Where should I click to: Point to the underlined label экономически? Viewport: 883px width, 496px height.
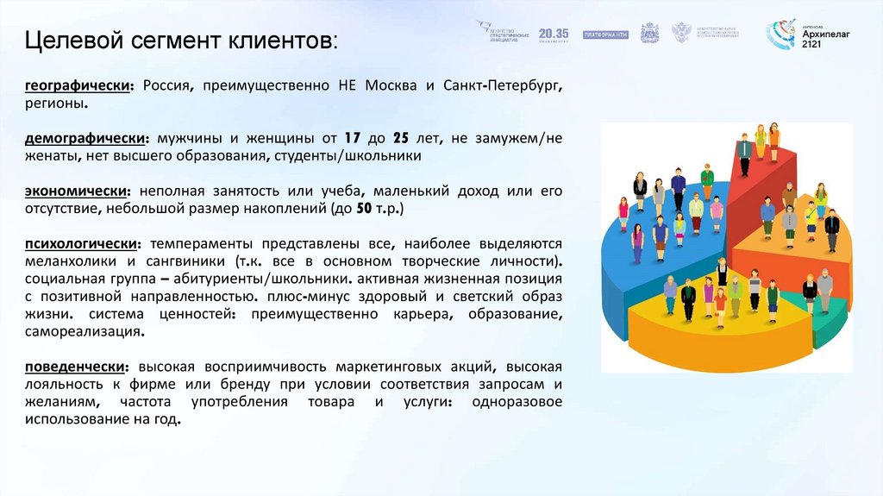78,191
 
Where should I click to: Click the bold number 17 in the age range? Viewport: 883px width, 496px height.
351,139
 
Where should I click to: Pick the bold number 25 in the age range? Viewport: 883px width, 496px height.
399,139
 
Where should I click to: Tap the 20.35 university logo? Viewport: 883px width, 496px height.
554,34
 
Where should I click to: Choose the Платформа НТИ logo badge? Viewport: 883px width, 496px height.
605,35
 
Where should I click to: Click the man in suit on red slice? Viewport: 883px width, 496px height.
744,155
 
